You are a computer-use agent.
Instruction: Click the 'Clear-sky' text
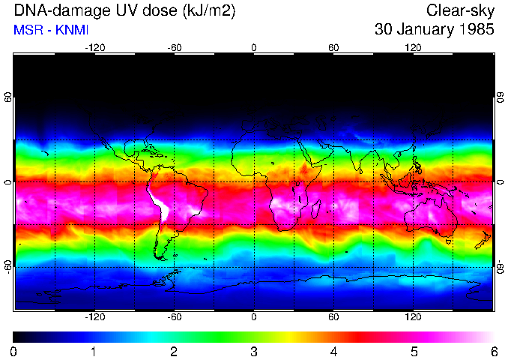click(x=460, y=11)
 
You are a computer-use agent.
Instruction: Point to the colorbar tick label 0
click(x=14, y=351)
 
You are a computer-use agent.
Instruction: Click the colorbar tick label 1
click(x=94, y=351)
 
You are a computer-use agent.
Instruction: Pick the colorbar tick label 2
click(x=174, y=351)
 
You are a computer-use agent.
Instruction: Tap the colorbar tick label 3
click(x=254, y=351)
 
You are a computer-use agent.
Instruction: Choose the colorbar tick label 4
click(x=333, y=351)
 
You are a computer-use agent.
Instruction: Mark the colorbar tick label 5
click(x=414, y=351)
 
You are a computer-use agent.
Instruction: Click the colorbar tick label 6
click(x=493, y=351)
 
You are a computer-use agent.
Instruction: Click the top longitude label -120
click(x=94, y=48)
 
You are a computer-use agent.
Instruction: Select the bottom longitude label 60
click(x=333, y=316)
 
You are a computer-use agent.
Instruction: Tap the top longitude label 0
click(x=254, y=48)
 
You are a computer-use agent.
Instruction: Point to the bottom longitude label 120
click(x=413, y=316)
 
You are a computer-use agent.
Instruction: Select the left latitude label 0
click(x=7, y=181)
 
